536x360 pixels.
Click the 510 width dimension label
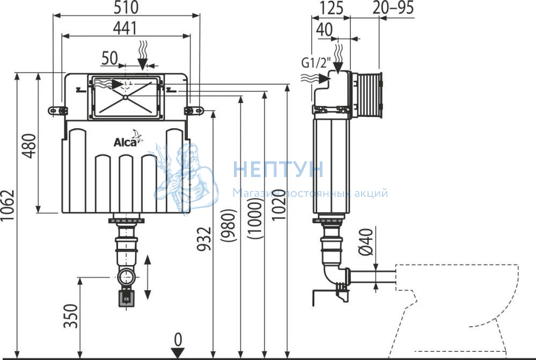tap(126, 8)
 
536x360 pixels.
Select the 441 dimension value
tap(125, 28)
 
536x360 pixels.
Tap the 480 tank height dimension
tap(29, 146)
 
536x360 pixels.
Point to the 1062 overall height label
tap(8, 205)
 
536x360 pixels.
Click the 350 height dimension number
tap(71, 316)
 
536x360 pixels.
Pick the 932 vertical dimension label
tap(204, 239)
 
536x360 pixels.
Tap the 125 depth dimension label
tap(331, 8)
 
